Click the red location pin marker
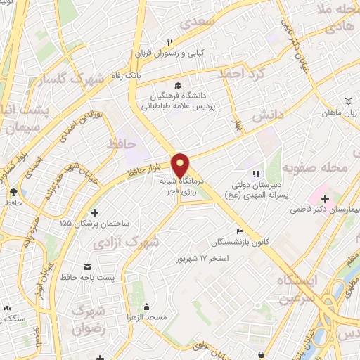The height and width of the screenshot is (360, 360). (181, 166)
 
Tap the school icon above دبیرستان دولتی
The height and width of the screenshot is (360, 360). (256, 173)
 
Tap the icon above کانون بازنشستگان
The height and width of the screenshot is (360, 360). (240, 232)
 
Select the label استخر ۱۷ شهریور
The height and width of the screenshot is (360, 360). (204, 259)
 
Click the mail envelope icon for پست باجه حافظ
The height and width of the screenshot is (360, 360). (88, 267)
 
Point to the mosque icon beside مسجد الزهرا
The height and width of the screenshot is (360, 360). (146, 307)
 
